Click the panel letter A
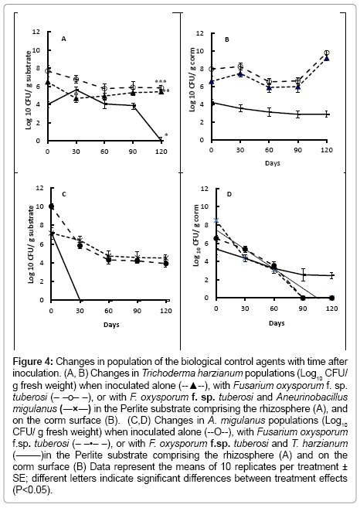(64, 39)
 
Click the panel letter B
(227, 39)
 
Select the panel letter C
(64, 194)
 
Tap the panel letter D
(229, 194)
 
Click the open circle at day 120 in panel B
(327, 53)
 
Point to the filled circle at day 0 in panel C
(51, 206)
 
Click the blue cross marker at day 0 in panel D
(216, 220)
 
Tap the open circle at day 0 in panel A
(48, 70)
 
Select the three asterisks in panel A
(161, 82)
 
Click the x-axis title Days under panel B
(273, 163)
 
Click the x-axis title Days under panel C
(111, 324)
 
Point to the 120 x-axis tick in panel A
(161, 152)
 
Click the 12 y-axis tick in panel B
(200, 33)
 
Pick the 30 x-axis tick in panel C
(80, 311)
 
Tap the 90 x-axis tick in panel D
(303, 309)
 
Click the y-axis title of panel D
(196, 236)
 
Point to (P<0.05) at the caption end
(32, 490)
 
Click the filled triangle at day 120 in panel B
(327, 58)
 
